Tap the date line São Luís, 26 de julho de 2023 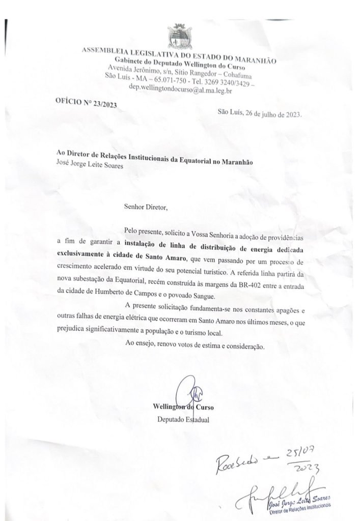[259, 113]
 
